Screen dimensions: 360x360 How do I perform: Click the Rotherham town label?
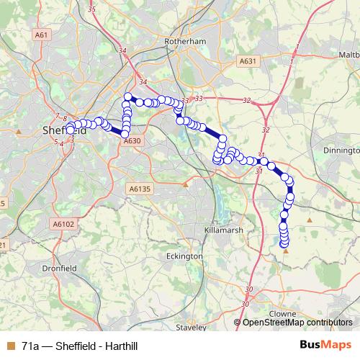(185, 42)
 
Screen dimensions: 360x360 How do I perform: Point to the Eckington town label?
(184, 256)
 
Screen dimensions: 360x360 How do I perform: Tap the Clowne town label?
(282, 314)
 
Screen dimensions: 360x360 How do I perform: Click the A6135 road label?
(140, 188)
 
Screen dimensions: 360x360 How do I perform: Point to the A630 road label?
(131, 141)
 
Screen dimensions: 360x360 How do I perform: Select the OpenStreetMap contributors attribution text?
(297, 323)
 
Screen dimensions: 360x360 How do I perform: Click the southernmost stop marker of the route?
(284, 244)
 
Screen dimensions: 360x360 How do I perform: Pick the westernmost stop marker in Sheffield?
(71, 130)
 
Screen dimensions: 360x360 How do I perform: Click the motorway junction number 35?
(91, 9)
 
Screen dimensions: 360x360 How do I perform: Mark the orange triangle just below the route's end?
(286, 251)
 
